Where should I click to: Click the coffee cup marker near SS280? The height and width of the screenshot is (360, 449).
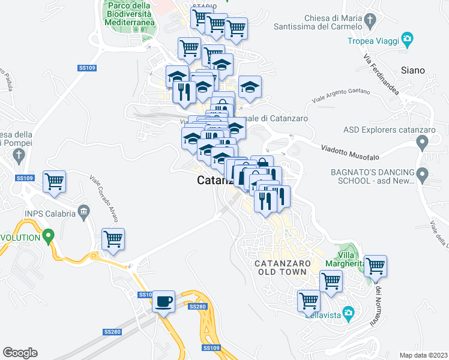[163, 301]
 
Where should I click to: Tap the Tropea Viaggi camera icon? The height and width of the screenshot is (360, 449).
[408, 41]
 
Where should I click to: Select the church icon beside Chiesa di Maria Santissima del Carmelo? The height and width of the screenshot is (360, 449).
[370, 22]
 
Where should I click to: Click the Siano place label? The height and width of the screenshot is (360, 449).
[412, 70]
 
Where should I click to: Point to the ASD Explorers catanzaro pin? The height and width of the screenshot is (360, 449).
[423, 143]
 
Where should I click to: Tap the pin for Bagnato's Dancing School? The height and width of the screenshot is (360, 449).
[423, 176]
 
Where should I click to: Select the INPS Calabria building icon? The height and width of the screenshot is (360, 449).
[83, 212]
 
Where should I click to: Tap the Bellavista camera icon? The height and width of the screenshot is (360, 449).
[347, 313]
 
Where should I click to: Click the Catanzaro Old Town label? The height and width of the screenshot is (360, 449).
[282, 268]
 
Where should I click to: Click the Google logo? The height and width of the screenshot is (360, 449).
[20, 353]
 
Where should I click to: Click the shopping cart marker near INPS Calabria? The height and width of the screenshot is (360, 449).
[113, 239]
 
